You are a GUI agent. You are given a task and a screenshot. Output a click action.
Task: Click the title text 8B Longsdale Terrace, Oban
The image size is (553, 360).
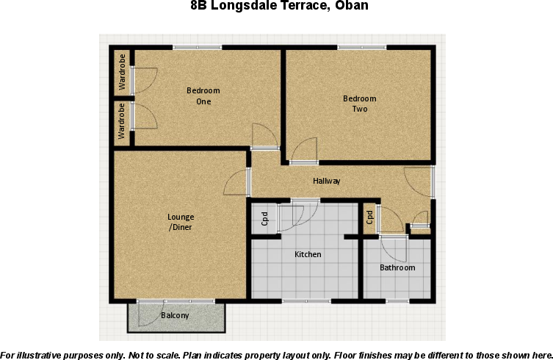pos(278,7)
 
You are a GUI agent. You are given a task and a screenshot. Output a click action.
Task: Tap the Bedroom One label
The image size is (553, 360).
pos(203,96)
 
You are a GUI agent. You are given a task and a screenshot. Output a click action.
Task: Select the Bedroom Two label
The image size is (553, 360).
pos(360,104)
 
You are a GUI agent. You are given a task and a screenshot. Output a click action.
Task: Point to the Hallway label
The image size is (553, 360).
pos(327,181)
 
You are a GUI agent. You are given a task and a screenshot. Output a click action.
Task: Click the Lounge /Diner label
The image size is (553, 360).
pos(181,222)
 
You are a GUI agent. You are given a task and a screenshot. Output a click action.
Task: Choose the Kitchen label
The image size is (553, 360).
pos(308,254)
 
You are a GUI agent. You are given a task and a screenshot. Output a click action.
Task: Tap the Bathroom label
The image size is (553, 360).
pos(397,267)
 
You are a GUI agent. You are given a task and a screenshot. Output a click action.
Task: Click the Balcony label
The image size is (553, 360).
pos(175,316)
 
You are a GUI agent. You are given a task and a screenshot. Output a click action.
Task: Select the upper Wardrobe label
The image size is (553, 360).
pos(122,71)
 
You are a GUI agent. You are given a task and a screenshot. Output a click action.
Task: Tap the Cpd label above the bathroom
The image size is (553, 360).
pos(370,217)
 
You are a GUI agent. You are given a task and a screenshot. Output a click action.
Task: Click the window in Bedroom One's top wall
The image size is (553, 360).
pos(197,48)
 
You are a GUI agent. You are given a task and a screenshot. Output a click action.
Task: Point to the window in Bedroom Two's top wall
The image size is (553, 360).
pos(361,48)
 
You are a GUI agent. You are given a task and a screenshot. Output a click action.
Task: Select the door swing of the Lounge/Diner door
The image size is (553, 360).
pos(237,181)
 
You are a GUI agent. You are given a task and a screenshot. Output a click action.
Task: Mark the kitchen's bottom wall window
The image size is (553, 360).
pos(306,300)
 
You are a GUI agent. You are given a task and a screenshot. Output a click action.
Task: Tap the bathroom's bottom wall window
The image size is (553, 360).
pos(397,300)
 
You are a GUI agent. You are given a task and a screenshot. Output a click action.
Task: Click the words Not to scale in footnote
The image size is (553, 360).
pos(153,354)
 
